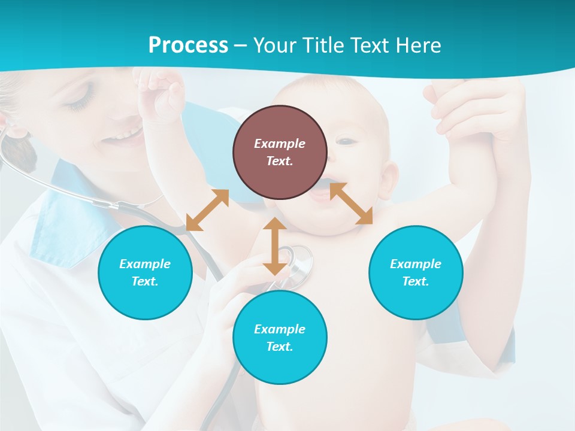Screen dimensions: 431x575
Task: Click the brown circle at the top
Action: pyautogui.click(x=280, y=152)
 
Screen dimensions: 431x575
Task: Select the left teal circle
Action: pyautogui.click(x=145, y=272)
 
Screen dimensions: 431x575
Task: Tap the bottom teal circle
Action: pyautogui.click(x=280, y=338)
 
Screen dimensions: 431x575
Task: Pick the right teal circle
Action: pyautogui.click(x=416, y=272)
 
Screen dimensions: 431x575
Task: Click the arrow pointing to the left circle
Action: pyautogui.click(x=207, y=210)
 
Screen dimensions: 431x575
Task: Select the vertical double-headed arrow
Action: pyautogui.click(x=275, y=246)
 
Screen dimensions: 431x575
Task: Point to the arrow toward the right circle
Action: pyautogui.click(x=351, y=204)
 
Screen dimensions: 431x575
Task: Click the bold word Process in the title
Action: pyautogui.click(x=188, y=45)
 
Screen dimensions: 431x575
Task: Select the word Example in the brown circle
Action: pyautogui.click(x=280, y=144)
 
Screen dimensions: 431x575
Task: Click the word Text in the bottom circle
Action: pyautogui.click(x=279, y=347)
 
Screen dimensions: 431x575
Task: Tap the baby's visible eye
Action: pyautogui.click(x=346, y=141)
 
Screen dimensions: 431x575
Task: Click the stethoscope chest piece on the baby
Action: pyautogui.click(x=297, y=261)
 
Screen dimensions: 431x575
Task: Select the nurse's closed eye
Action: pyautogui.click(x=78, y=103)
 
